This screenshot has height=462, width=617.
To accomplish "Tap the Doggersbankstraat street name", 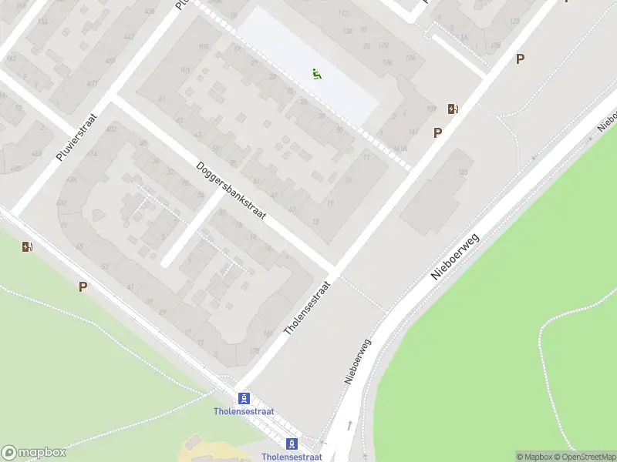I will [x=231, y=191].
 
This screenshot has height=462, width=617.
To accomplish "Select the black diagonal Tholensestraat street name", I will [x=307, y=307].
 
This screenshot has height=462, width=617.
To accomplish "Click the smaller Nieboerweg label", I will [x=357, y=361].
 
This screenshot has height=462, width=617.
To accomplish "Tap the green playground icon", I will [x=317, y=75].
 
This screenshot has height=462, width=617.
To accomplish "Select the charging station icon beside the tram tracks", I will [x=28, y=247].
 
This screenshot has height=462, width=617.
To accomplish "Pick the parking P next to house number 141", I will [x=437, y=132].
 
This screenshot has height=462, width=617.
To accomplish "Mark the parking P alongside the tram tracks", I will [x=83, y=286].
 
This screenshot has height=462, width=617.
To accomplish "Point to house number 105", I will [x=204, y=48].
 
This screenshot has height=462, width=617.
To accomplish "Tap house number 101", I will [x=184, y=71].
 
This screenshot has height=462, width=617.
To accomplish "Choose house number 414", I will [x=93, y=154].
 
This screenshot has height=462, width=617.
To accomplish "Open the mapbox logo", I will [x=34, y=453].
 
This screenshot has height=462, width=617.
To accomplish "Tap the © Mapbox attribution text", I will [x=534, y=457].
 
